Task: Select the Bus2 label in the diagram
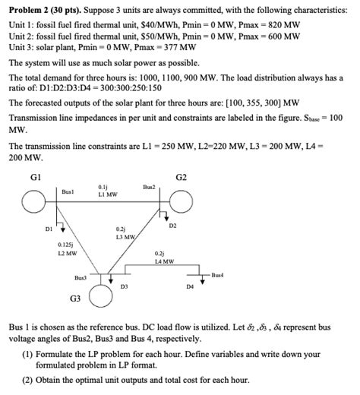coord(149,185)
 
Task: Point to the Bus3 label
coord(81,279)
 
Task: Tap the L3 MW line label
coord(124,237)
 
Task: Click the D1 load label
coord(49,227)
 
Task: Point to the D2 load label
coord(172,226)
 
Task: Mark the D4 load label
coord(190,287)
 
